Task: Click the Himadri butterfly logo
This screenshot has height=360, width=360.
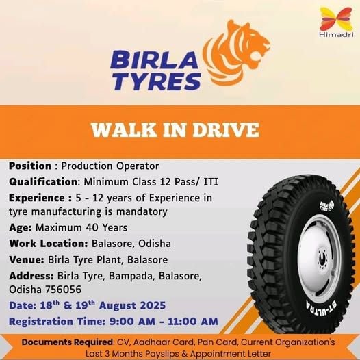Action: point(336,20)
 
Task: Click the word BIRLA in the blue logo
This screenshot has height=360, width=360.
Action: point(154,60)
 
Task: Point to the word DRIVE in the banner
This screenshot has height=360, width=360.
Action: point(226,130)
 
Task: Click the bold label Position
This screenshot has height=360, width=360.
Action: point(30,166)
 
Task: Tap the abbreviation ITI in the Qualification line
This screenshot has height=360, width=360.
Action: point(211,182)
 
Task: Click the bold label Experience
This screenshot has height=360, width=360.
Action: point(37,198)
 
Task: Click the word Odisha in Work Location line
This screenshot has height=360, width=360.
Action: point(155,244)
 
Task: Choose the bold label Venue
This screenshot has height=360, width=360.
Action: point(27,260)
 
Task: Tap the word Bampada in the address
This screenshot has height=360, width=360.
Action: point(131,277)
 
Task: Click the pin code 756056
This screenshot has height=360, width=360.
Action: point(64,290)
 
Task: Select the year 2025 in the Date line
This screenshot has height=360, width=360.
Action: point(153,306)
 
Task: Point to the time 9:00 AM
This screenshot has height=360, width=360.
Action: point(132,322)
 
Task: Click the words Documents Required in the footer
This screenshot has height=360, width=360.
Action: point(67,342)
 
